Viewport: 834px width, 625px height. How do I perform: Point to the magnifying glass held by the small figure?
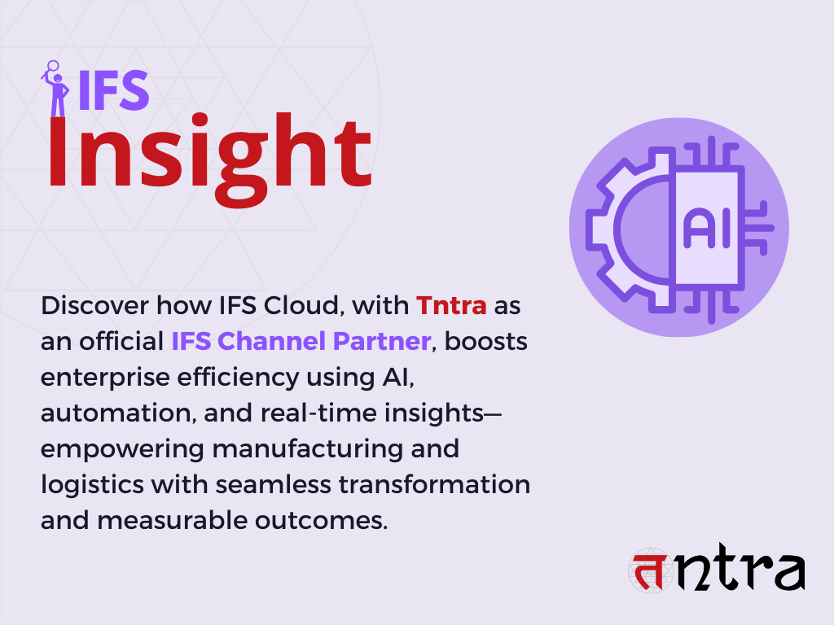point(53,67)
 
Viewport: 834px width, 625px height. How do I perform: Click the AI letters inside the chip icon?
point(707,230)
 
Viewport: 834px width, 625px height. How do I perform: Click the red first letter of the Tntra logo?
point(648,571)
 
